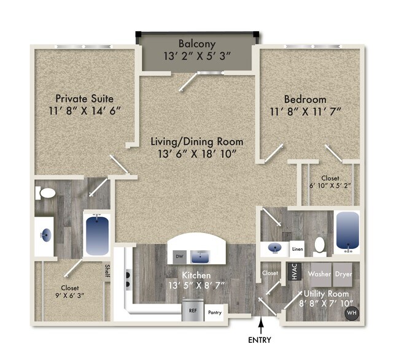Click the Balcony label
pyautogui.click(x=196, y=44)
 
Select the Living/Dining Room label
pyautogui.click(x=196, y=141)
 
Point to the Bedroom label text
pyautogui.click(x=304, y=99)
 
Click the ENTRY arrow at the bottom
pyautogui.click(x=263, y=324)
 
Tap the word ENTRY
pyautogui.click(x=263, y=339)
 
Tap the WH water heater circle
pyautogui.click(x=351, y=313)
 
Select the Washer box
pyautogui.click(x=320, y=274)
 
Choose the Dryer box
pyautogui.click(x=344, y=274)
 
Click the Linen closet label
pyautogui.click(x=298, y=249)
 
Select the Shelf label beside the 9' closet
pyautogui.click(x=106, y=270)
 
